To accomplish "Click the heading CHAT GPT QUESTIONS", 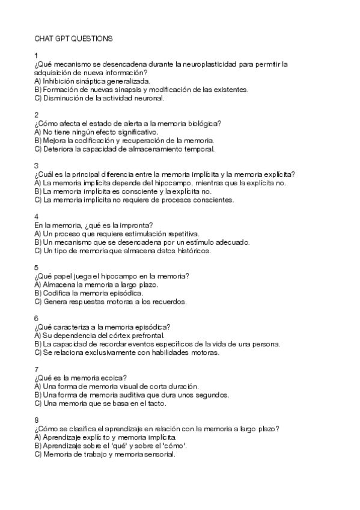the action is [x=73, y=38].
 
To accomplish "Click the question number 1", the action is [x=37, y=55].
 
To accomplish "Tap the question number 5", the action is [x=37, y=267].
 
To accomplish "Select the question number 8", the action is [x=37, y=420].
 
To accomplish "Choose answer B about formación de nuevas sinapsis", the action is [x=141, y=89].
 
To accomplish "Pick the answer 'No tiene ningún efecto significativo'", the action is [x=96, y=131].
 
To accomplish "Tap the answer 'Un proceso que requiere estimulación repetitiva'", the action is [x=117, y=233].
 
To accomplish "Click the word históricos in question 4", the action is [x=192, y=251].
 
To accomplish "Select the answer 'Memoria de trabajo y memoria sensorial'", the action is [x=105, y=454].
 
